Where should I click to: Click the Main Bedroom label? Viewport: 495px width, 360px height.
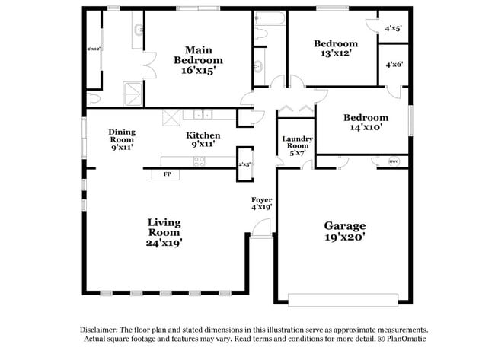pyautogui.click(x=198, y=60)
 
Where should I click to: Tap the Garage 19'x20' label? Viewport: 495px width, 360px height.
pyautogui.click(x=345, y=231)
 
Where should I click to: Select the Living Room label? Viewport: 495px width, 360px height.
pyautogui.click(x=164, y=232)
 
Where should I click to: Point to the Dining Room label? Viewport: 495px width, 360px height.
pyautogui.click(x=122, y=139)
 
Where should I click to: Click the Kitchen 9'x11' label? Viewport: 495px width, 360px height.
pyautogui.click(x=203, y=139)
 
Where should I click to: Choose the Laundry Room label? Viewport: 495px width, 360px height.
pyautogui.click(x=295, y=145)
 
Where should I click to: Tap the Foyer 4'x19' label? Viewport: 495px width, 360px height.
pyautogui.click(x=262, y=203)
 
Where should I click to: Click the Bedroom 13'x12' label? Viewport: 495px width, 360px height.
pyautogui.click(x=336, y=49)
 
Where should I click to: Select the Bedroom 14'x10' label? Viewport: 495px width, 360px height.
pyautogui.click(x=365, y=123)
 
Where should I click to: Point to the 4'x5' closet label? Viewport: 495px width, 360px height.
pyautogui.click(x=393, y=28)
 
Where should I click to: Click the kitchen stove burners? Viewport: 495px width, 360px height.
pyautogui.click(x=200, y=161)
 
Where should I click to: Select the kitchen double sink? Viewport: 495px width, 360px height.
pyautogui.click(x=203, y=115)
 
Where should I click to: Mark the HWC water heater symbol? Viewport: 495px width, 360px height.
pyautogui.click(x=394, y=161)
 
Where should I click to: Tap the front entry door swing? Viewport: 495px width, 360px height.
pyautogui.click(x=261, y=228)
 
